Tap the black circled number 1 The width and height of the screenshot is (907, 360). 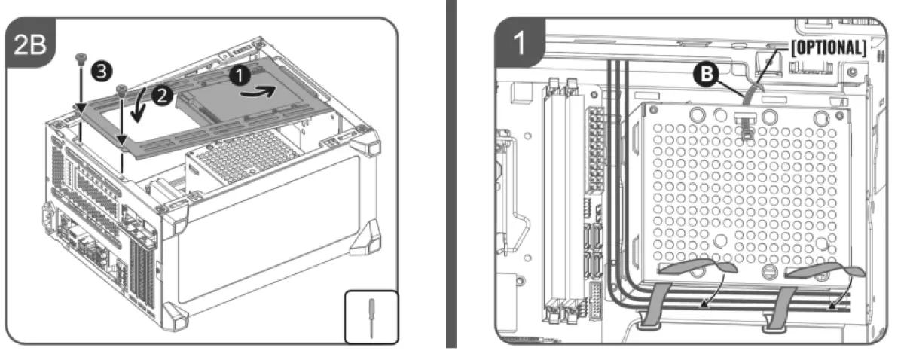(x=238, y=75)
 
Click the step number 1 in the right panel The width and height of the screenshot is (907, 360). (x=518, y=44)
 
